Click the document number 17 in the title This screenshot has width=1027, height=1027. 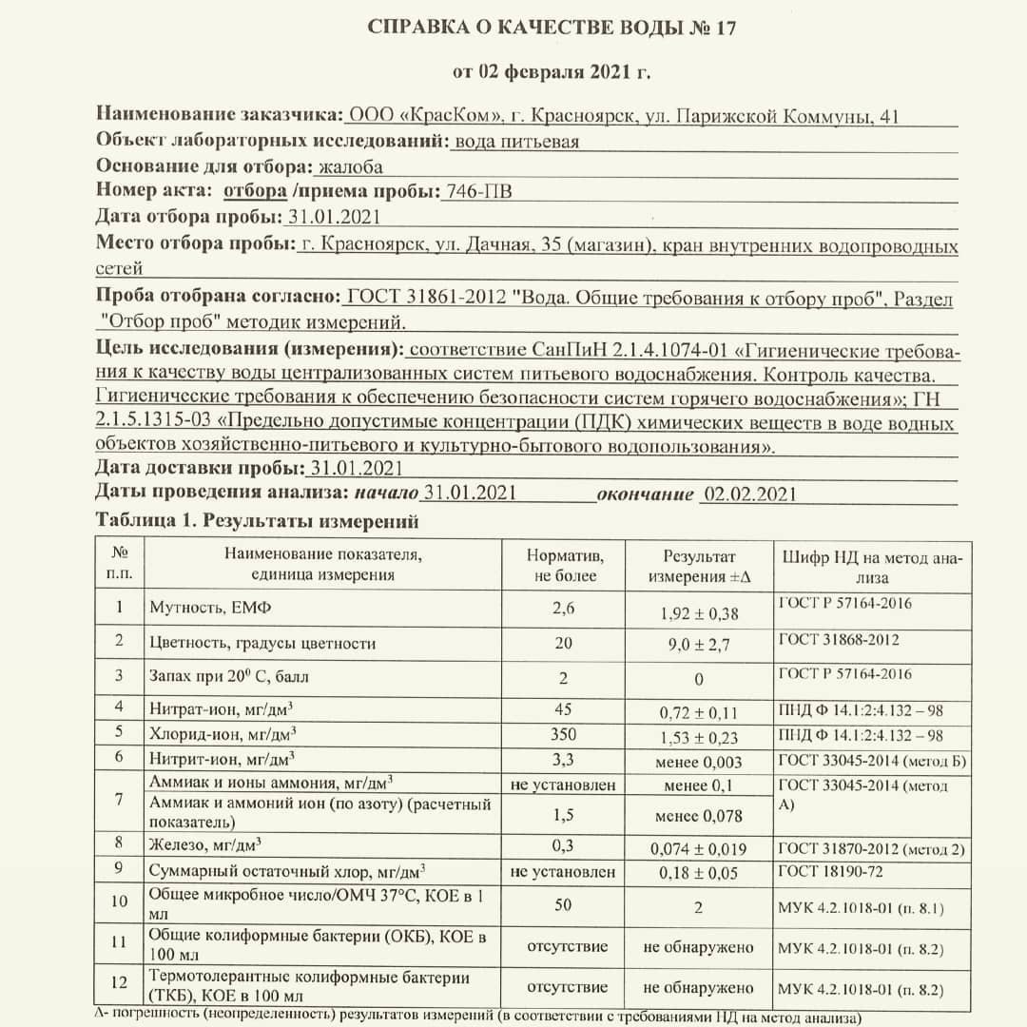point(725,28)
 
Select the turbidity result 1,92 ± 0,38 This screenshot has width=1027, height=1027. point(698,613)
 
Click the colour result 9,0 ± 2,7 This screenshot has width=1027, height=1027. point(698,645)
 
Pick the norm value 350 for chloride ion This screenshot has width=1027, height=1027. point(563,734)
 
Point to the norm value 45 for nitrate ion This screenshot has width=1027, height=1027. point(563,709)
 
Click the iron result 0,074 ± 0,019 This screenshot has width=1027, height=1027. point(698,849)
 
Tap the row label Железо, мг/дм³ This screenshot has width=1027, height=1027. point(206,844)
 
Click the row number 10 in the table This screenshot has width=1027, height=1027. point(119,901)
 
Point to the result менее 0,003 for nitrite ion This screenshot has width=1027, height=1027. point(698,762)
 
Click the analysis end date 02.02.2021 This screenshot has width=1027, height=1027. point(748,494)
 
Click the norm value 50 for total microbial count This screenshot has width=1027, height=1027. point(563,904)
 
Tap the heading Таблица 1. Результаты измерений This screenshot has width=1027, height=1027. point(258,521)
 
